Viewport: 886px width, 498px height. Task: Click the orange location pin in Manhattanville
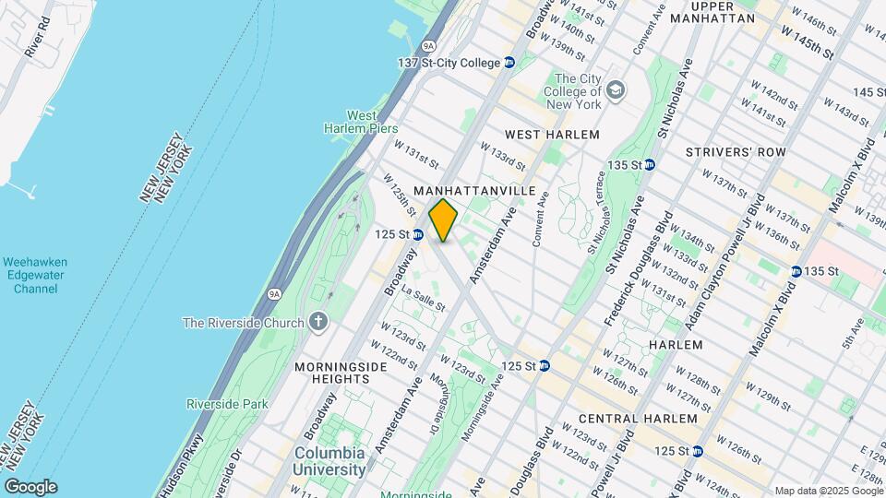pyautogui.click(x=444, y=219)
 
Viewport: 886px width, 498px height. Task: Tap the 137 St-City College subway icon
pyautogui.click(x=509, y=63)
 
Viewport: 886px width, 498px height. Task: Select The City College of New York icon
pyautogui.click(x=616, y=90)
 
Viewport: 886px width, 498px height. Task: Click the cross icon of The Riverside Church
pyautogui.click(x=318, y=322)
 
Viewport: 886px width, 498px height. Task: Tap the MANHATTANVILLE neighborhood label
pyautogui.click(x=474, y=190)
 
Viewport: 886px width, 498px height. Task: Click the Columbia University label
pyautogui.click(x=329, y=460)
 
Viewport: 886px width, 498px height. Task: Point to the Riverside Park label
pyautogui.click(x=227, y=404)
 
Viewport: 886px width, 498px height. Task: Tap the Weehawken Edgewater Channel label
pyautogui.click(x=36, y=276)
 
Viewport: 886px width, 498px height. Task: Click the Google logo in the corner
pyautogui.click(x=30, y=487)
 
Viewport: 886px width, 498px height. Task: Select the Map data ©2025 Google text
pyautogui.click(x=827, y=491)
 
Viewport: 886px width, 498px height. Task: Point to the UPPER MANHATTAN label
pyautogui.click(x=713, y=12)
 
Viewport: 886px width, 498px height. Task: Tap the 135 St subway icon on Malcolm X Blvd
pyautogui.click(x=796, y=271)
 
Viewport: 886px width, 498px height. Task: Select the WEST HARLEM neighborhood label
pyautogui.click(x=552, y=135)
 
